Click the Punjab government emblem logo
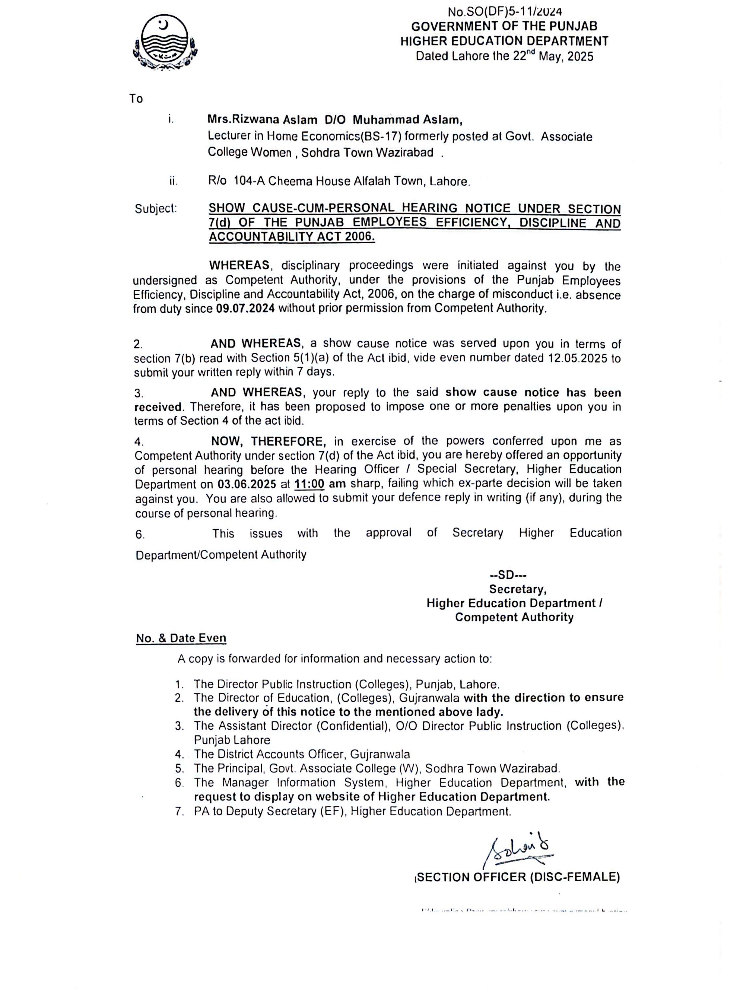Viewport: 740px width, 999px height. click(165, 43)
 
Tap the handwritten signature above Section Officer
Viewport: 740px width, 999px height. click(519, 852)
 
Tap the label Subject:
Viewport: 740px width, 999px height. click(156, 209)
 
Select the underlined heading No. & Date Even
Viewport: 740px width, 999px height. click(181, 638)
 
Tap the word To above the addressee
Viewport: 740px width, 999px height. click(136, 99)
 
